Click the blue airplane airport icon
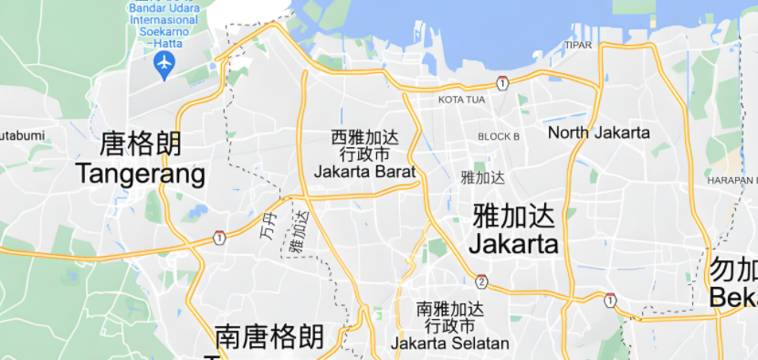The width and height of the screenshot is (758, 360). click(164, 63)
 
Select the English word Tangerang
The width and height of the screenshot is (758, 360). click(141, 173)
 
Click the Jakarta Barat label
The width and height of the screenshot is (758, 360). click(364, 171)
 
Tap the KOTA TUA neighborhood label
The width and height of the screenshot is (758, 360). click(461, 100)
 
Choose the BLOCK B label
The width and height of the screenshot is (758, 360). click(499, 136)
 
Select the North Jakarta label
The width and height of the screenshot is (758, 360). click(599, 132)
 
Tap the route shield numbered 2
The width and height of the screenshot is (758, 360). click(481, 281)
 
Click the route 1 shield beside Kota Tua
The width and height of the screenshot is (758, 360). click(502, 83)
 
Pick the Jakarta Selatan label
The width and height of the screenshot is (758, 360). click(449, 344)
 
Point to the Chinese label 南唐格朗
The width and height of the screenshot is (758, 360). click(269, 337)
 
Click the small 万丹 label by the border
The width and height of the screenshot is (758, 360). click(267, 225)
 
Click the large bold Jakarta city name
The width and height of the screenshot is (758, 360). click(513, 244)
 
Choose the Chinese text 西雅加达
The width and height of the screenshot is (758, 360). click(365, 138)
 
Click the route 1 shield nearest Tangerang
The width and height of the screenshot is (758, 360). click(219, 238)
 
